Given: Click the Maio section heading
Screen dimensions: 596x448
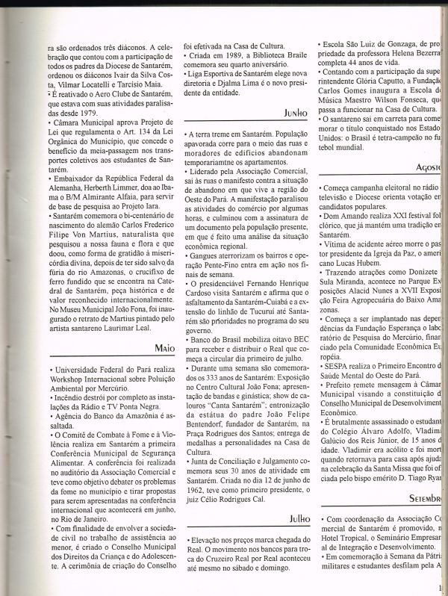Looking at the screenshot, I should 166,348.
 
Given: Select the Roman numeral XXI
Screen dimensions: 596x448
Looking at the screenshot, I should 396,214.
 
